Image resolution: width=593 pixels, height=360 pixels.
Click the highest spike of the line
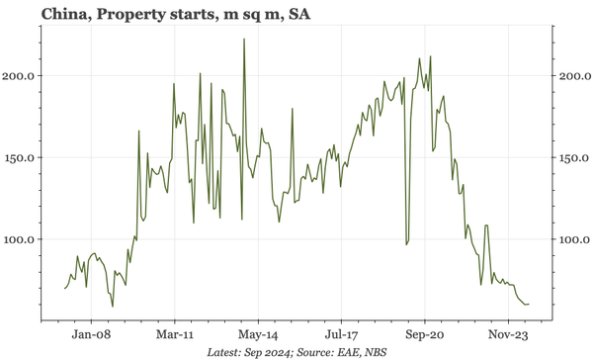pos(243,40)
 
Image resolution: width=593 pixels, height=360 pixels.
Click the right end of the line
pos(529,304)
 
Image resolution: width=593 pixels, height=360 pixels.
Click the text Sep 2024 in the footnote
pos(265,352)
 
